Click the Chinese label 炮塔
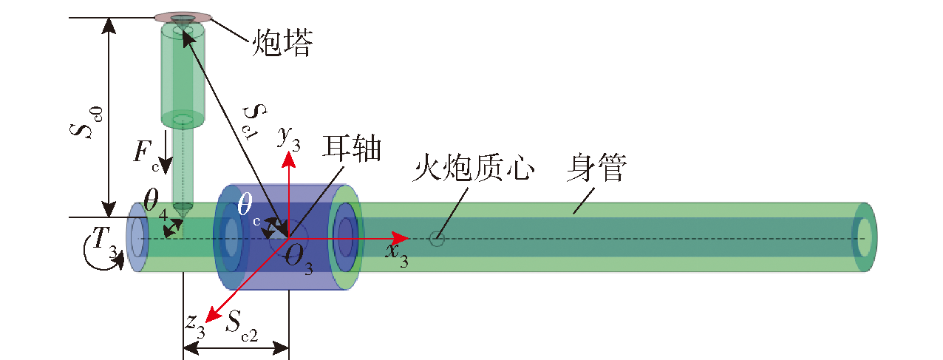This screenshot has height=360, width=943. pos(282,42)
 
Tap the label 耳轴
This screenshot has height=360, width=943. pos(352,148)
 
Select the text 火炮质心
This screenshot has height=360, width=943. pos(473,168)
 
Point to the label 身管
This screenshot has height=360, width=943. pos(596,167)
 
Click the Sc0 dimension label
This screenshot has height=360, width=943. pos(86,123)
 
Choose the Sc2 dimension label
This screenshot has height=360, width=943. pos(242,326)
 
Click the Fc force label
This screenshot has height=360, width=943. pos(146,155)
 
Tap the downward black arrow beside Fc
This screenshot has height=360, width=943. pos(166,152)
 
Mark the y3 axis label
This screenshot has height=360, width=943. pos(289,137)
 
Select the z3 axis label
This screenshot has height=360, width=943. pos(195,326)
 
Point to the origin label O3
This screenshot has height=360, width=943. pos(299,259)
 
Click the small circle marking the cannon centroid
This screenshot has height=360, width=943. pos(437,239)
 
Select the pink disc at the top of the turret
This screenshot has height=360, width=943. pos(183,18)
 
